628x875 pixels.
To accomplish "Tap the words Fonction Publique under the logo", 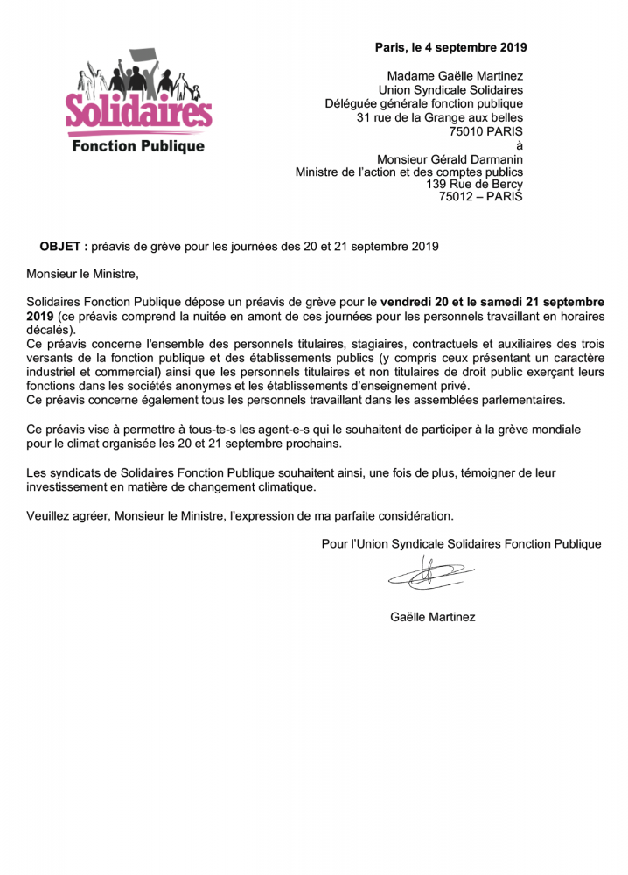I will tap(138, 146).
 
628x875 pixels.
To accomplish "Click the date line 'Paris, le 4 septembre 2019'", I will tap(450, 47).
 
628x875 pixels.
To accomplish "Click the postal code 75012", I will tap(456, 197).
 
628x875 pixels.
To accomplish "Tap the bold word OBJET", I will tap(60, 246).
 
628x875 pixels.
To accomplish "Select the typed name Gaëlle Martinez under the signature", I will tap(432, 617).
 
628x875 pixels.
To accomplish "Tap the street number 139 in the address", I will tap(436, 185).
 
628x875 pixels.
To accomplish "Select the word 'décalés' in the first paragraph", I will tap(50, 331).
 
